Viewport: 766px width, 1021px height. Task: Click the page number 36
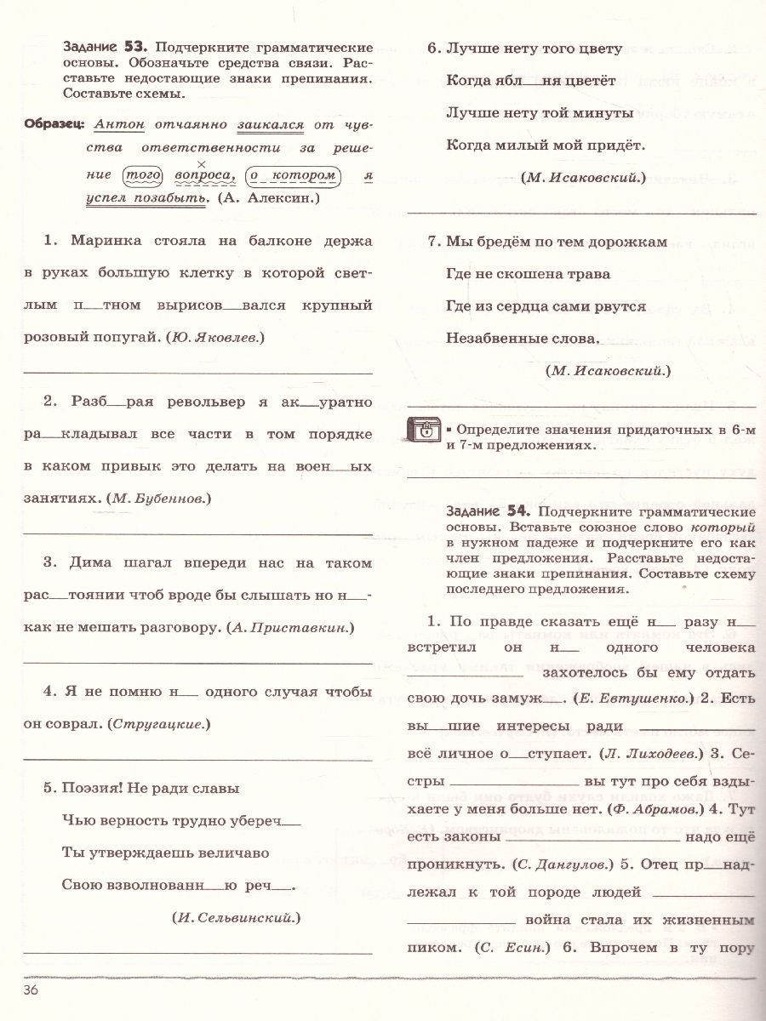[31, 990]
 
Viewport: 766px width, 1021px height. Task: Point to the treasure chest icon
[424, 431]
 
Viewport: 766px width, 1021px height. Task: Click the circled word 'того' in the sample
[137, 174]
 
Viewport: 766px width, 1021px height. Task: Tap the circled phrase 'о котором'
[294, 174]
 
